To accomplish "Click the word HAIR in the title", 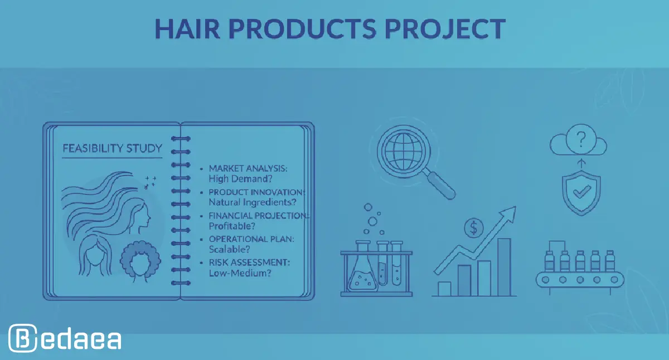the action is click(187, 29).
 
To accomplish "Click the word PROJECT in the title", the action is click(445, 29).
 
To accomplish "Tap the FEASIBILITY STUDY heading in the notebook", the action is click(112, 148).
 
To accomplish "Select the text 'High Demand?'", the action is click(240, 179).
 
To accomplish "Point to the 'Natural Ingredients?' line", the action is click(253, 202).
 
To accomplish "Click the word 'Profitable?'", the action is click(232, 226).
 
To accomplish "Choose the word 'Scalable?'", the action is click(229, 249).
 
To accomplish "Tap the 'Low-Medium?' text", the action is click(240, 273).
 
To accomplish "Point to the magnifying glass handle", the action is click(441, 185).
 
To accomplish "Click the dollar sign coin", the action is click(474, 228).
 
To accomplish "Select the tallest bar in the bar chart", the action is click(504, 267).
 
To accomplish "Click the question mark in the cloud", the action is click(581, 139).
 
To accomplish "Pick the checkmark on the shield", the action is click(581, 192).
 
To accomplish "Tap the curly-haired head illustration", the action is click(140, 261).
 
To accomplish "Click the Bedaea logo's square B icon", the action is click(23, 338).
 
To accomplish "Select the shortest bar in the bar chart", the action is click(444, 289).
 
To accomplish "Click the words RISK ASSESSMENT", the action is click(249, 262).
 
